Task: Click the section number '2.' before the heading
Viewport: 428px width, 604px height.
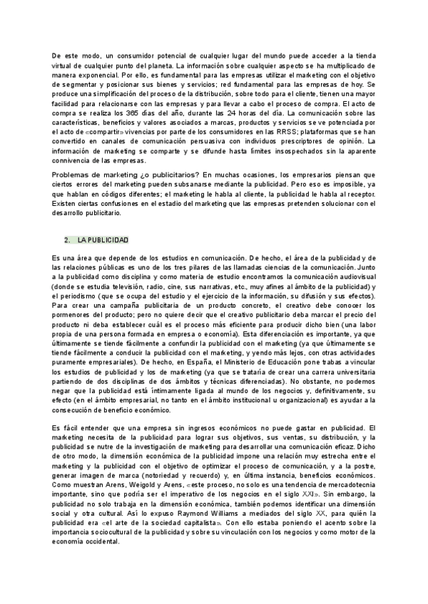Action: [x=66, y=239]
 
